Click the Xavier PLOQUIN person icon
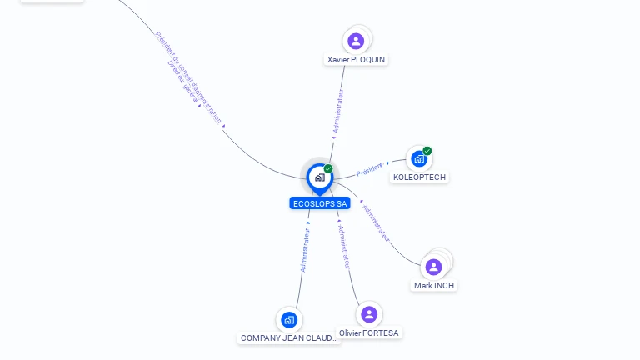pos(356,41)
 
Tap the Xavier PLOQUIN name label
pos(357,60)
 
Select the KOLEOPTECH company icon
pos(418,158)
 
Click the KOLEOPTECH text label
pos(419,177)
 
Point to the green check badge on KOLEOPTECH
pos(427,151)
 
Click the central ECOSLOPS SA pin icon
pos(319,177)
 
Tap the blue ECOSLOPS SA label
pos(320,203)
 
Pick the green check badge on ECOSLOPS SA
pos(328,169)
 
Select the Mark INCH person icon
pos(433,267)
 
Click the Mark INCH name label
pos(434,286)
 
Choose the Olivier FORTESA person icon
pos(368,314)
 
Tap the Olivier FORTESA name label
pos(369,333)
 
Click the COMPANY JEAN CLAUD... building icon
pos(288,319)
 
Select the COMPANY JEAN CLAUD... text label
pos(289,338)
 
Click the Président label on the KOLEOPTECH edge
pos(369,170)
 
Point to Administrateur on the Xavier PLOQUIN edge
pos(337,112)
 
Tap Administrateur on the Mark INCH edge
pos(377,223)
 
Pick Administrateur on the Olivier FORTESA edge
pos(345,246)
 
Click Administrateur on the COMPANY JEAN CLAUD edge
pos(305,250)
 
